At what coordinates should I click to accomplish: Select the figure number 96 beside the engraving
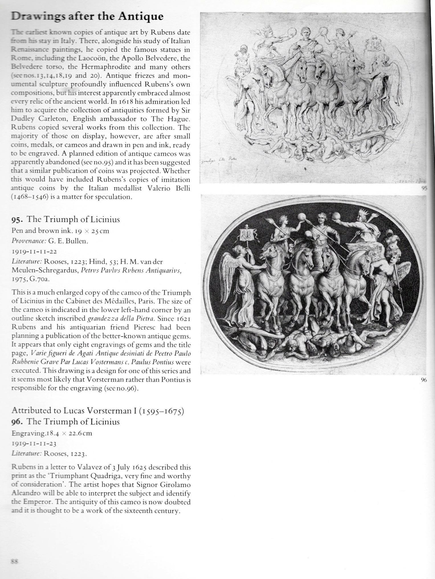pyautogui.click(x=423, y=380)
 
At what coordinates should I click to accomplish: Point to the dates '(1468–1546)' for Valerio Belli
pyautogui.click(x=30, y=197)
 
